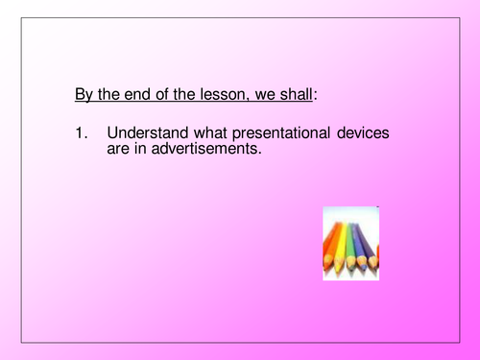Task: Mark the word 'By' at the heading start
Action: (84, 96)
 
